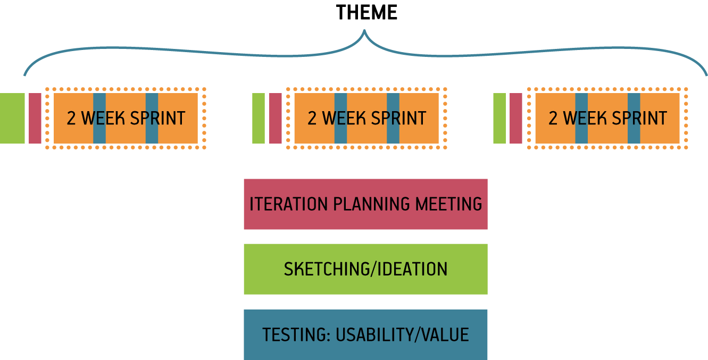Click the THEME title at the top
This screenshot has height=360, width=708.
coord(367,13)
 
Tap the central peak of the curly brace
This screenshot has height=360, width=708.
coord(364,31)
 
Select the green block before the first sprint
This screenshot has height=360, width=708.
coord(12,118)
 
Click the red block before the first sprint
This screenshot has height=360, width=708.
coord(35,118)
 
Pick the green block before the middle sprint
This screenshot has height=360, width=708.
coord(258,118)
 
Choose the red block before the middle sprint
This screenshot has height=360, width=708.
coord(276,118)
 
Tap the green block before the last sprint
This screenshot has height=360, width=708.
coord(499,118)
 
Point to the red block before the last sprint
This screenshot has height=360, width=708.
coord(516,118)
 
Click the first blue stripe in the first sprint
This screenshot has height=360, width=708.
coord(99,118)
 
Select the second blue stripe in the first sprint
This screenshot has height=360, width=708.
coord(152,118)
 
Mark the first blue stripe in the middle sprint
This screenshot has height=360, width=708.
coord(341,118)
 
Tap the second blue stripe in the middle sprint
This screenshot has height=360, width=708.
coord(393,118)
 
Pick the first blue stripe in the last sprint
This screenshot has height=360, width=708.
coord(581,118)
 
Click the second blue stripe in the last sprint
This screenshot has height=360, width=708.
coord(634,118)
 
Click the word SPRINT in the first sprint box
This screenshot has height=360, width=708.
coord(157,118)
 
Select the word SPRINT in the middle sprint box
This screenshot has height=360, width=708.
coord(398,118)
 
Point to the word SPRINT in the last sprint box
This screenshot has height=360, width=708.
coord(639,118)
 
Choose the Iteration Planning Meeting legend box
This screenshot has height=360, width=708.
coord(365,204)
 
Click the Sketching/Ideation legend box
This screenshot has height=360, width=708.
coord(365,269)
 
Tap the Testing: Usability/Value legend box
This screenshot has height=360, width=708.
coord(365,334)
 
